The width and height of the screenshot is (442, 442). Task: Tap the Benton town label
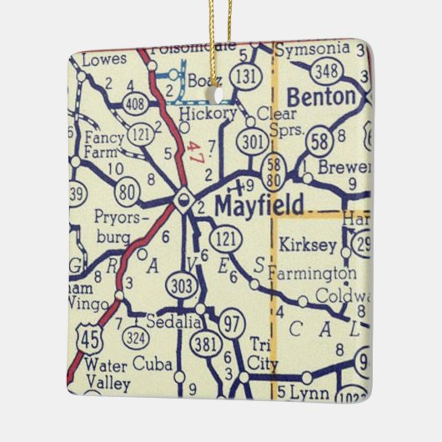[321, 97]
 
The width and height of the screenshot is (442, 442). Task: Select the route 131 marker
[244, 76]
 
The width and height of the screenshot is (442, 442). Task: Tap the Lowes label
[104, 59]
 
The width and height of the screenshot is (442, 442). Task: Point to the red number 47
[195, 154]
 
